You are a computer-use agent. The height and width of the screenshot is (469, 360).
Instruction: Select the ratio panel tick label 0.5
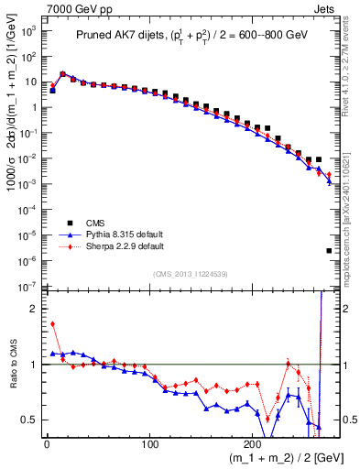(x=30, y=420)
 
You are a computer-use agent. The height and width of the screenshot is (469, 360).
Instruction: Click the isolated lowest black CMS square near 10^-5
(x=329, y=251)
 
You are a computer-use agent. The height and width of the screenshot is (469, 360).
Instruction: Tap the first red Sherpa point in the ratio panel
(x=52, y=323)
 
